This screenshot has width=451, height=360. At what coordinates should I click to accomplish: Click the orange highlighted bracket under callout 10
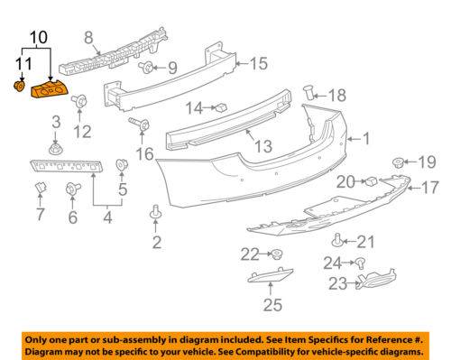(x=51, y=89)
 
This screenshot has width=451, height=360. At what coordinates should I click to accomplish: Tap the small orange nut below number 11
(x=20, y=86)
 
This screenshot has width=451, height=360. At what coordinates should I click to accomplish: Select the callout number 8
(x=88, y=38)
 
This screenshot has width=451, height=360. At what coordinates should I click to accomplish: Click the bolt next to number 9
(x=146, y=68)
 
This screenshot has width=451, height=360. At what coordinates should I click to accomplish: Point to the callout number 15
(x=258, y=64)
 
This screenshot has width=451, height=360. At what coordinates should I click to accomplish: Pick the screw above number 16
(x=140, y=124)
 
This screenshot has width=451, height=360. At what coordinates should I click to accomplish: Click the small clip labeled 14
(x=221, y=106)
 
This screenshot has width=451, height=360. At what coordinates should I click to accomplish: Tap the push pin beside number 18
(x=309, y=92)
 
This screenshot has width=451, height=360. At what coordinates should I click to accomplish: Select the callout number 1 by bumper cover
(x=366, y=139)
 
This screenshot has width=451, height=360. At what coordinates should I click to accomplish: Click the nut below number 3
(x=56, y=149)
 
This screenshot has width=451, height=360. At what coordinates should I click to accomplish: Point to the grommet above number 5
(x=122, y=164)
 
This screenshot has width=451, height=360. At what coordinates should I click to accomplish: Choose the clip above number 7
(x=41, y=188)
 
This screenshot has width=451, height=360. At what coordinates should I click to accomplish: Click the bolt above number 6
(x=73, y=189)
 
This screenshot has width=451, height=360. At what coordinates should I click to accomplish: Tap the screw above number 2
(x=156, y=212)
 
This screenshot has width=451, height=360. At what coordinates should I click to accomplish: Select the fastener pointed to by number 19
(x=398, y=162)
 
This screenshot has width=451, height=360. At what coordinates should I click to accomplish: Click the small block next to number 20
(x=372, y=181)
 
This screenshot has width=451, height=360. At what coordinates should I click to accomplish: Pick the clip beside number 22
(x=276, y=254)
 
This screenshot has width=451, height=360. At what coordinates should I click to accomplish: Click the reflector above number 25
(x=271, y=275)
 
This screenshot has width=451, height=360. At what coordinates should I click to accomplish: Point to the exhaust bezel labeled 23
(x=376, y=279)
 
